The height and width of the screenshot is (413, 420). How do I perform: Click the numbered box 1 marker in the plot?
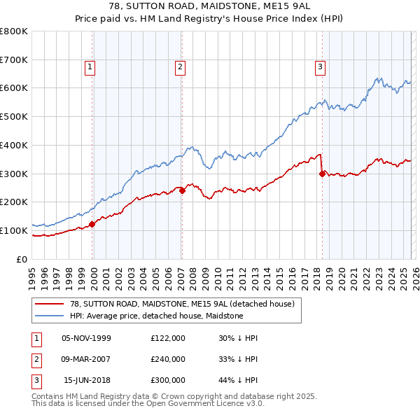tap(92, 67)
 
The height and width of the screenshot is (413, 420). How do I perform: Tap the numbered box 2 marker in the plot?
tap(181, 67)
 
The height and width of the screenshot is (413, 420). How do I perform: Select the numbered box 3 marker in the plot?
tap(320, 67)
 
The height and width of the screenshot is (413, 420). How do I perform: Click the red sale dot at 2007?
tap(182, 190)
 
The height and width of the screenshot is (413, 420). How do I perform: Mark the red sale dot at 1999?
tap(92, 224)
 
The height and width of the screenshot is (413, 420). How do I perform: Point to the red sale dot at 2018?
tap(322, 174)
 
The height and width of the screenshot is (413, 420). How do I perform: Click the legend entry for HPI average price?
tap(156, 316)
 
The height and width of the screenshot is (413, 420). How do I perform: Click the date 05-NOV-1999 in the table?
tap(86, 338)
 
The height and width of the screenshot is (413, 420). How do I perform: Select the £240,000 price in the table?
tap(168, 359)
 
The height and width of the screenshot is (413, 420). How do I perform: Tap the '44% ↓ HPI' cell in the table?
tap(238, 380)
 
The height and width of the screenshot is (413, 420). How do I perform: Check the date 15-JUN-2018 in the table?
tap(87, 380)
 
